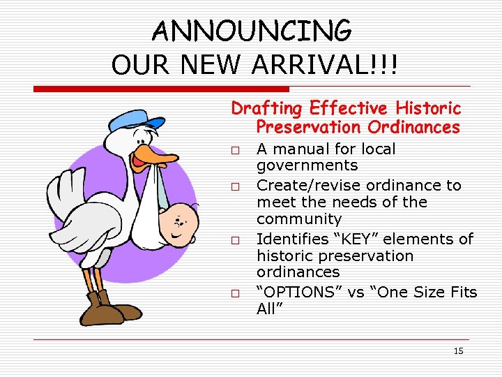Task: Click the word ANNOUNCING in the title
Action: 252,31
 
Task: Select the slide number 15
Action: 458,350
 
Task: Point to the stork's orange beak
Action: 157,155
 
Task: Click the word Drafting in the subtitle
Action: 268,108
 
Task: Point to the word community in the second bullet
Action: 299,219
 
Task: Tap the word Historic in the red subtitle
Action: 428,108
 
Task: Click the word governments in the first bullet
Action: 307,165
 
